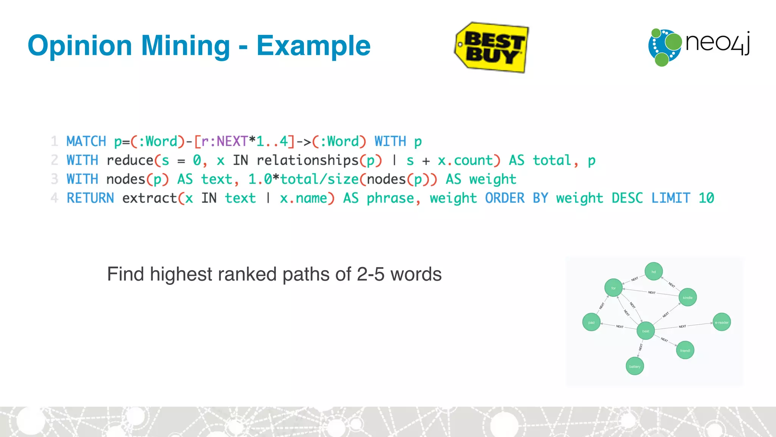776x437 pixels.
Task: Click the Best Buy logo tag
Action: [491, 47]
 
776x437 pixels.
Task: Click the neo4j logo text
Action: [717, 42]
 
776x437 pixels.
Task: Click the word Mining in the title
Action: [185, 46]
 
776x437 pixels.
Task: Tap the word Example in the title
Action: [313, 46]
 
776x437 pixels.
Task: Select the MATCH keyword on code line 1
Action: [86, 141]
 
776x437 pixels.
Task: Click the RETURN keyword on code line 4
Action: [90, 198]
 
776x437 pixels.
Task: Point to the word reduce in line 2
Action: [130, 160]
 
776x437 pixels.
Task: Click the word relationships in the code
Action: [307, 160]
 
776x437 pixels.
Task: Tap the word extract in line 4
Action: [150, 198]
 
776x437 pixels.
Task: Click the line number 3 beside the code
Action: [55, 179]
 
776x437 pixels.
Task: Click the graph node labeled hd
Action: [654, 272]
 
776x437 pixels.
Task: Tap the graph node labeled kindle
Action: [688, 297]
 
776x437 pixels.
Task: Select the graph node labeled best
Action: [646, 331]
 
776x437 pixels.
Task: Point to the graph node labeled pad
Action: [591, 322]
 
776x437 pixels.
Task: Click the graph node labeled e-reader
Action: [721, 322]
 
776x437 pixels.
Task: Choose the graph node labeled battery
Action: [635, 366]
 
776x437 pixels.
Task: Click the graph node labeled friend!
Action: [685, 351]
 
